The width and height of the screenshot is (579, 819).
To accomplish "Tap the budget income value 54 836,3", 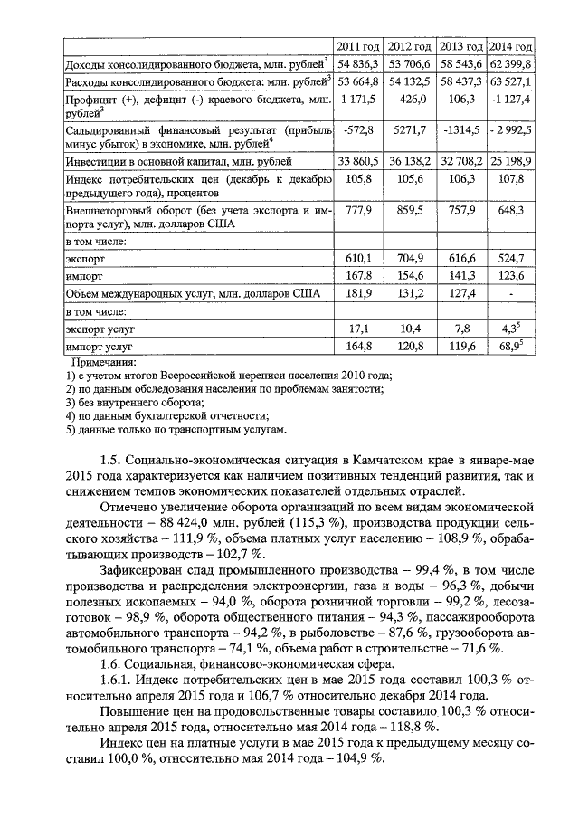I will click(x=358, y=65).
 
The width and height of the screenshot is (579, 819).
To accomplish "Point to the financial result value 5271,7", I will click(x=410, y=130).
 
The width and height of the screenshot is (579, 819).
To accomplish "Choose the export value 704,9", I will click(x=410, y=259).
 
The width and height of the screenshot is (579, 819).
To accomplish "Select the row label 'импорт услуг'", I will click(x=100, y=346).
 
